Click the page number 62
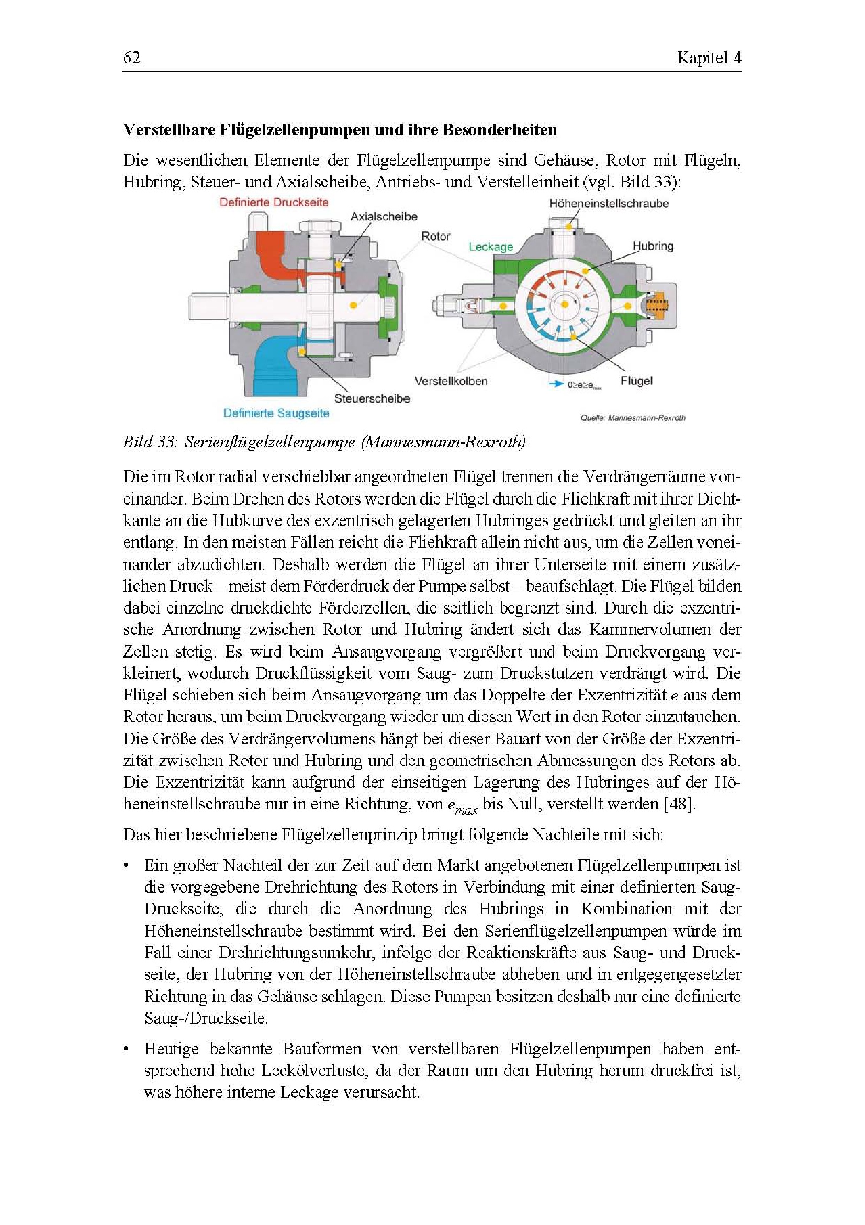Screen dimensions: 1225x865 coord(132,58)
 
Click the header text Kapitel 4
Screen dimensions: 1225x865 coord(709,58)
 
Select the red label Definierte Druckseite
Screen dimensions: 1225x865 coord(274,202)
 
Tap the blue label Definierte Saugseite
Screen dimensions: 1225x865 coord(276,413)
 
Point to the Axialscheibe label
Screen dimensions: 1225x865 coord(384,217)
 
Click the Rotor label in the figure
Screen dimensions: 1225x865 coord(436,236)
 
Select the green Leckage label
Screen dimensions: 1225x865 coord(491,247)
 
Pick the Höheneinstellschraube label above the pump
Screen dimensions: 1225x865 coord(609,203)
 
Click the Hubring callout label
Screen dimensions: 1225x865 coord(653,246)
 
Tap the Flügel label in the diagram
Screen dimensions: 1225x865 coord(636,381)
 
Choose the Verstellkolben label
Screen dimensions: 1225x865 coord(451,381)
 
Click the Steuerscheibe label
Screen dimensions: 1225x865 coord(372,398)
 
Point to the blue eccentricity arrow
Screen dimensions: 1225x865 coord(557,384)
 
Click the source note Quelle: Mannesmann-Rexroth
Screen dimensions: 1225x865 coord(633,418)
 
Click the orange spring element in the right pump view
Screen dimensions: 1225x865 coord(660,306)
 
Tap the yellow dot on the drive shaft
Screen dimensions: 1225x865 coord(354,305)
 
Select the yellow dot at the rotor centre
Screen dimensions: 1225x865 coord(564,305)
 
